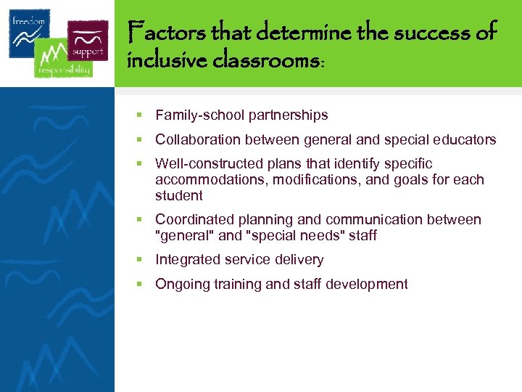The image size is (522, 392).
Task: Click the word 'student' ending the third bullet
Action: (x=179, y=195)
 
